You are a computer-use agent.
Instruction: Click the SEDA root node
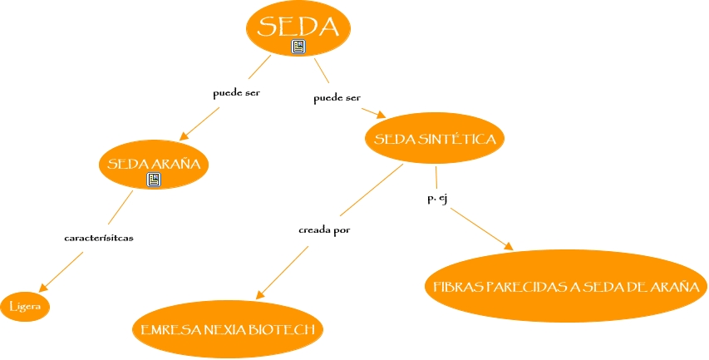click(x=298, y=27)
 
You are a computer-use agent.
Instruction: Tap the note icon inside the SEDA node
click(x=299, y=47)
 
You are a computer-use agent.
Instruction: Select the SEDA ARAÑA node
click(x=153, y=164)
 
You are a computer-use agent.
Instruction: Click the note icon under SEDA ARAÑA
click(x=153, y=179)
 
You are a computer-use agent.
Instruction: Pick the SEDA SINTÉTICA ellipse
click(x=436, y=139)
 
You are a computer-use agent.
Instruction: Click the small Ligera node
click(x=26, y=307)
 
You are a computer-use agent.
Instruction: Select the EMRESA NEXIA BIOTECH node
click(x=228, y=329)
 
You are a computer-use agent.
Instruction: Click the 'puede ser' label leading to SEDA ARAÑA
click(x=237, y=93)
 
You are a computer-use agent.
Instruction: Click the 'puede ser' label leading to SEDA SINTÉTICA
click(x=337, y=99)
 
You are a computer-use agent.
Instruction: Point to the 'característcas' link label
click(x=99, y=238)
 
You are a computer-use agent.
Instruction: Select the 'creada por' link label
click(x=324, y=229)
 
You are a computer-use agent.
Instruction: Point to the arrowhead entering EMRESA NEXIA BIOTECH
click(x=259, y=295)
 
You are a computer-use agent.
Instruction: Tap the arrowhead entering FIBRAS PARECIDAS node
click(x=508, y=246)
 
